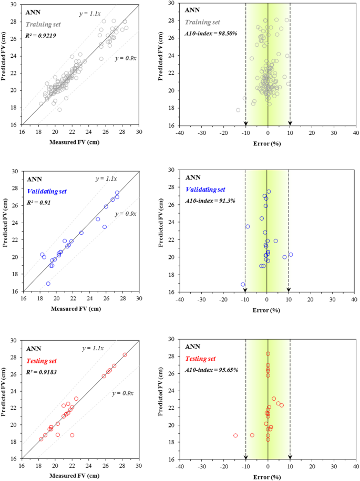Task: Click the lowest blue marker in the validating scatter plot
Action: click(x=48, y=284)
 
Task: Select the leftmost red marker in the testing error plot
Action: click(x=235, y=435)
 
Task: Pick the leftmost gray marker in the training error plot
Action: click(x=238, y=110)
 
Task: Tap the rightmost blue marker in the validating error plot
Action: click(x=291, y=255)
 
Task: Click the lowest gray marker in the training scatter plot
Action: click(x=59, y=109)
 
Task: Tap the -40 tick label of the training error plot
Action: click(x=180, y=133)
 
